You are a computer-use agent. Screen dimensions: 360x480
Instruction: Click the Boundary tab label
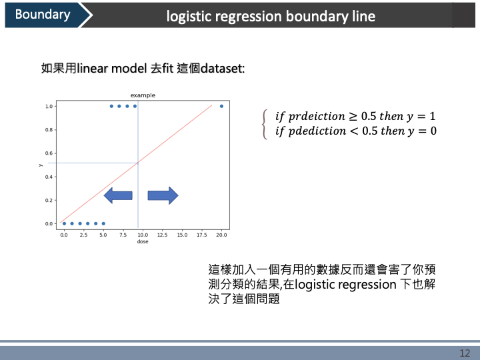42,15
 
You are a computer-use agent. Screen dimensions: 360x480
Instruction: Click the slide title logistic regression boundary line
271,16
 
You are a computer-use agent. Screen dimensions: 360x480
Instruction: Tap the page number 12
465,353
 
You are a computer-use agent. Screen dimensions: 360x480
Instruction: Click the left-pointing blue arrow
118,195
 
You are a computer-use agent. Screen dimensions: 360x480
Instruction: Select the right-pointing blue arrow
163,195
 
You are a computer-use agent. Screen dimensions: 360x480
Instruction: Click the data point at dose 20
221,106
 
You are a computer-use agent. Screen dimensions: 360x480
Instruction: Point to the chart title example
143,95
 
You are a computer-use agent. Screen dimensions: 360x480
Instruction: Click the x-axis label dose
143,241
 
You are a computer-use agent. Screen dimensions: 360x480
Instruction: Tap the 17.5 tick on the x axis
201,235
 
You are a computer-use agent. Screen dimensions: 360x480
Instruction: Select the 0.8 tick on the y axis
49,130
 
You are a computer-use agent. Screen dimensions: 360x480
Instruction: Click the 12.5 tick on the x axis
162,235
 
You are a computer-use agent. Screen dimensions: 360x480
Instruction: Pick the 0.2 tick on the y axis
49,200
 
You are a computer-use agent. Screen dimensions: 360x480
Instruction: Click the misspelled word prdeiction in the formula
310,116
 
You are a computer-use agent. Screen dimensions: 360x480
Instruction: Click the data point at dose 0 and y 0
64,223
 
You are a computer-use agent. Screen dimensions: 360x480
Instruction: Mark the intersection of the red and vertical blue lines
138,162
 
